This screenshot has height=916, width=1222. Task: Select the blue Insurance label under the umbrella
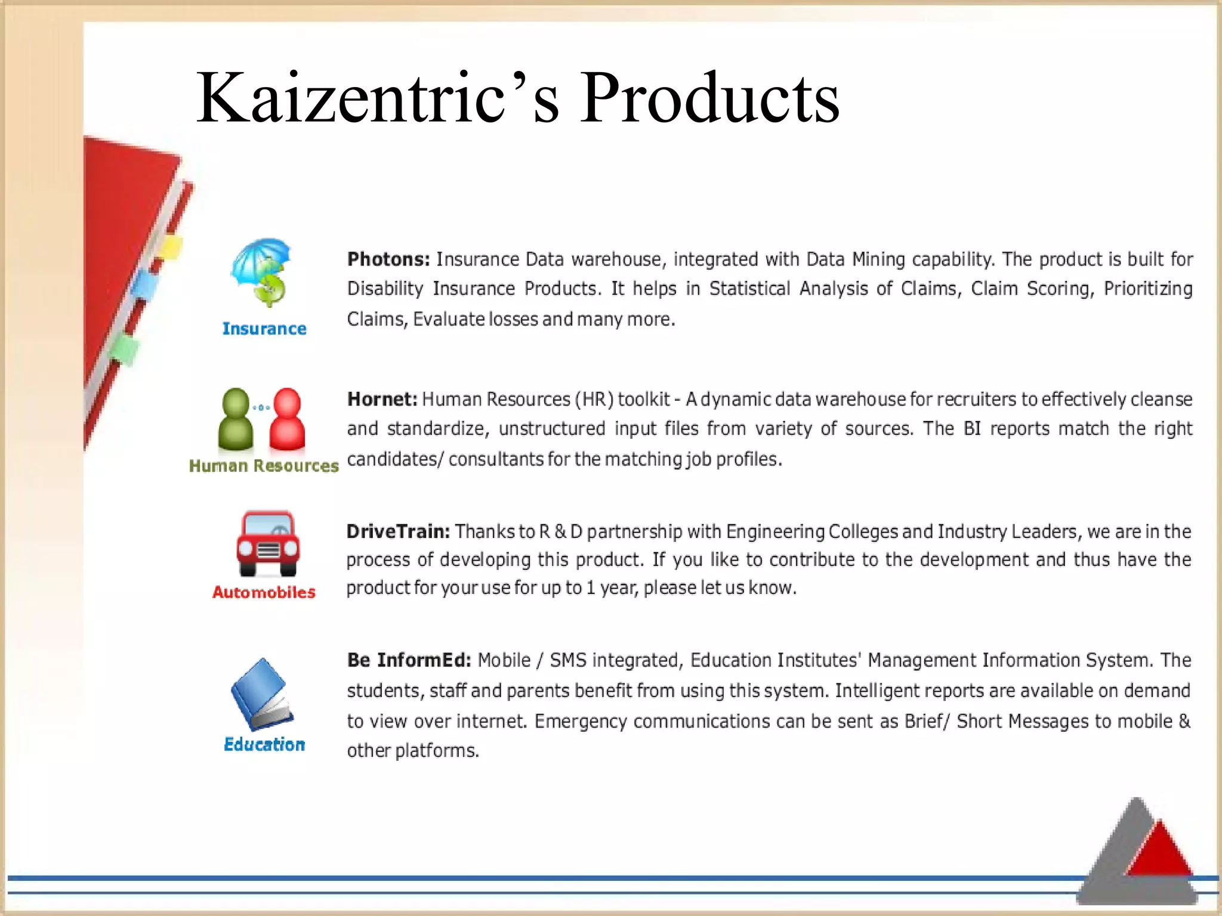coord(264,329)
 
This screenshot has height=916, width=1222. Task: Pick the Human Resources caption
coord(264,466)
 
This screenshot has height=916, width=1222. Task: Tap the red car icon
coord(268,543)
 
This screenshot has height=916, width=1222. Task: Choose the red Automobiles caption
coord(264,592)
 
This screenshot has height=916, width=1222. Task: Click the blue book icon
coord(262,694)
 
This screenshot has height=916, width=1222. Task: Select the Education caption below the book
coord(264,744)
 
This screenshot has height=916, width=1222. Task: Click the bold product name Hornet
coord(382,399)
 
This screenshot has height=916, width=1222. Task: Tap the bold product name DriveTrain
coord(398,531)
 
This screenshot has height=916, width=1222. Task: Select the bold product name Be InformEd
coord(409,660)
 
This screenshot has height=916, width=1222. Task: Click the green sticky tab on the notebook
coord(125,349)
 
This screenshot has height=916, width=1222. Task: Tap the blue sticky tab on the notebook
coord(145,285)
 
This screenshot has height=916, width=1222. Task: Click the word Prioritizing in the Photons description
coord(1147,289)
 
